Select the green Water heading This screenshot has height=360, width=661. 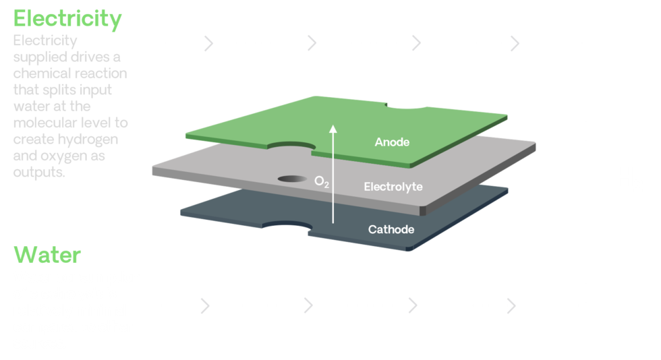click(x=47, y=256)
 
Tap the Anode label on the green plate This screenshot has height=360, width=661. click(x=392, y=142)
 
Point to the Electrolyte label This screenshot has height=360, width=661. click(x=393, y=186)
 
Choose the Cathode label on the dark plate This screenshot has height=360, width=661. click(x=391, y=230)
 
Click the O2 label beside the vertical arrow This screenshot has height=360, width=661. click(x=322, y=181)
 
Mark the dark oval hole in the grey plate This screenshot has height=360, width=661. click(x=291, y=179)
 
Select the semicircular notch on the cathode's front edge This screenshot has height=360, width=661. click(x=287, y=226)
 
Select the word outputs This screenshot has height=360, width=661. click(x=40, y=171)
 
